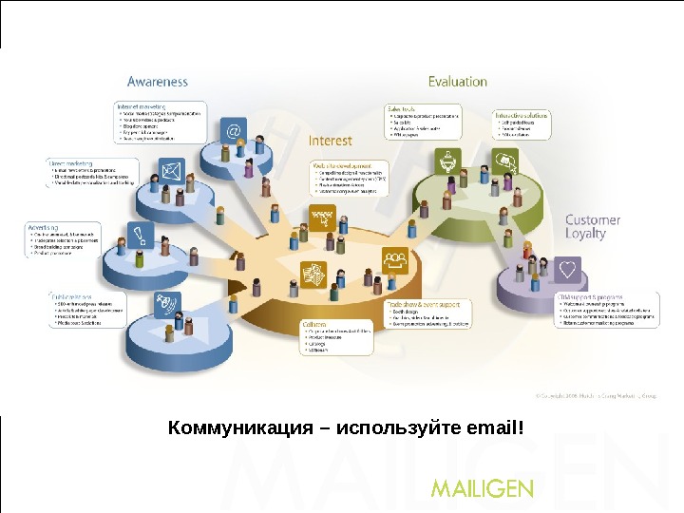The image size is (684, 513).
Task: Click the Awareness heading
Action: [158, 82]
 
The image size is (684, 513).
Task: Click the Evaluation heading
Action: [458, 82]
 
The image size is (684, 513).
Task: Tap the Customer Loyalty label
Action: [593, 226]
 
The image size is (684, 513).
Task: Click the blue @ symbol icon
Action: [232, 129]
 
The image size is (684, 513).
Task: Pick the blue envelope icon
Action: [171, 172]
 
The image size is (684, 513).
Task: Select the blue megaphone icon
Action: [165, 304]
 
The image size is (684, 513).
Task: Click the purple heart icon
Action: [568, 270]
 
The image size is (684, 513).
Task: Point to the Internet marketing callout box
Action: [159, 122]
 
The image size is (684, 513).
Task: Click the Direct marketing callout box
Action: [90, 172]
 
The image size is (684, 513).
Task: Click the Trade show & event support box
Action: [427, 314]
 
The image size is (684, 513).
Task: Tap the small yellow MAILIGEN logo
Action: [483, 488]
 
